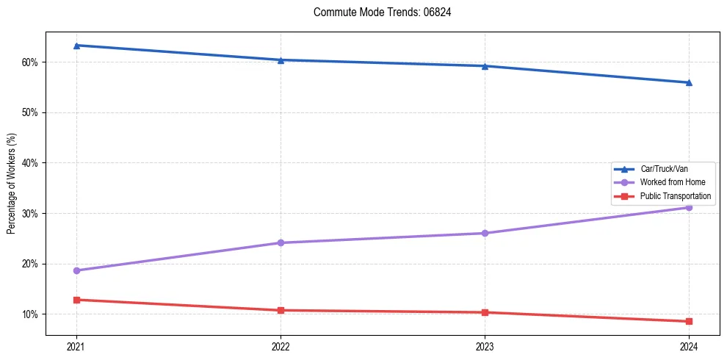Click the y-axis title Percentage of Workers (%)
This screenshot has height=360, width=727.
(x=11, y=184)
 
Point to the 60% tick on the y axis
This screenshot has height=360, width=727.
(x=30, y=62)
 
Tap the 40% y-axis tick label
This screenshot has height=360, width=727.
(x=30, y=163)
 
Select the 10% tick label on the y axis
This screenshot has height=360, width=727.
(x=30, y=314)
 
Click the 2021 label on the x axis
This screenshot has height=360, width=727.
(x=76, y=346)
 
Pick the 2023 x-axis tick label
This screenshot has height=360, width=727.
(x=485, y=346)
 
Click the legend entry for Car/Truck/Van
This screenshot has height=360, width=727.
(x=664, y=169)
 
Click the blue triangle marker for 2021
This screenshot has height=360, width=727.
(x=76, y=46)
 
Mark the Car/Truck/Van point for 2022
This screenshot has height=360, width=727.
(x=281, y=60)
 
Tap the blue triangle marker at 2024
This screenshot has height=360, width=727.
(x=689, y=82)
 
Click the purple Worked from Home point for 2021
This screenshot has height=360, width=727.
(x=76, y=270)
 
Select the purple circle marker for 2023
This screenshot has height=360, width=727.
(x=485, y=234)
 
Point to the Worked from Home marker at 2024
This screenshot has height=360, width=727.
(x=689, y=207)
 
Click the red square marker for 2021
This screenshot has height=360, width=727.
(x=76, y=300)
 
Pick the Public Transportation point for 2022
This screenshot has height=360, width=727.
(x=281, y=310)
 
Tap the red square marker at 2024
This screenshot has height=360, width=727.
(x=689, y=321)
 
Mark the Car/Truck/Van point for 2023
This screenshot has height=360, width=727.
(x=485, y=66)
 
